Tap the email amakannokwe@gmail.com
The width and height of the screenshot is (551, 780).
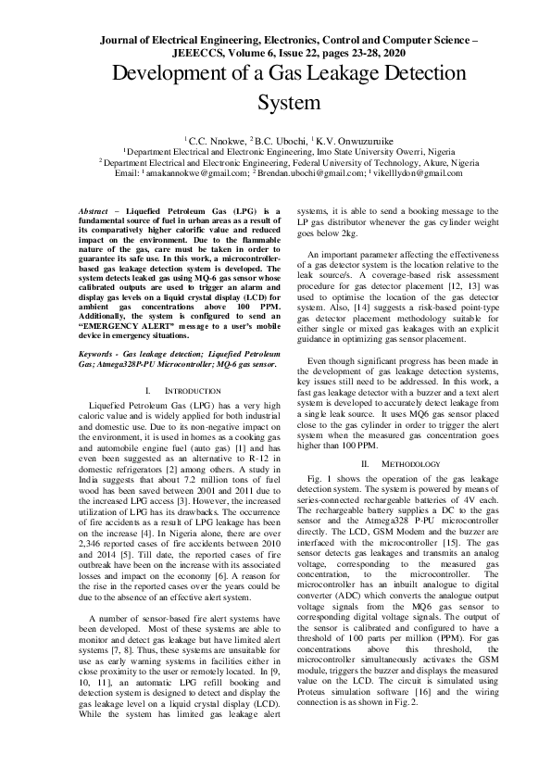tap(195, 173)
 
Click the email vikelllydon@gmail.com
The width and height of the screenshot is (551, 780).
tap(418, 173)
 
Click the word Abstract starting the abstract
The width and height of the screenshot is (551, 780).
tap(94, 213)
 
